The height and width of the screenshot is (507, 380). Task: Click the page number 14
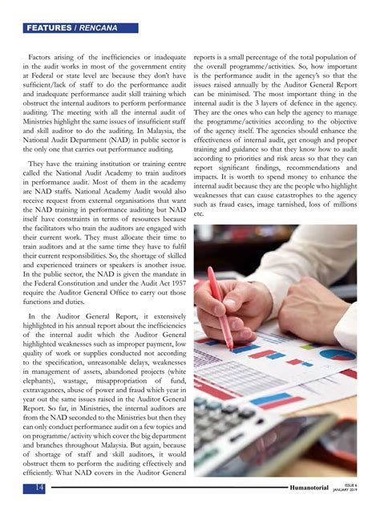point(37,488)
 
